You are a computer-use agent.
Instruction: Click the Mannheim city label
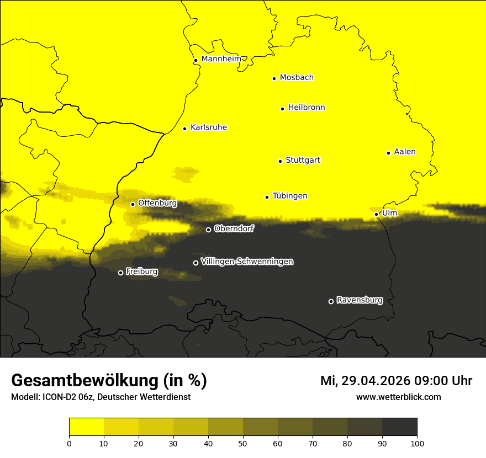click(x=221, y=59)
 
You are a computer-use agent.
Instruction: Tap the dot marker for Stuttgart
click(x=280, y=161)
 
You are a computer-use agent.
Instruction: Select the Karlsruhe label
click(x=208, y=127)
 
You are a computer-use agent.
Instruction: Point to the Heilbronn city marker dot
click(x=282, y=109)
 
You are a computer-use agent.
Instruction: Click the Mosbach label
click(x=296, y=78)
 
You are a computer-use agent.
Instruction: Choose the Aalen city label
click(x=404, y=152)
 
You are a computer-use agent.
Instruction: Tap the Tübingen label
click(x=289, y=196)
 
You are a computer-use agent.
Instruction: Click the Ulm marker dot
click(x=376, y=214)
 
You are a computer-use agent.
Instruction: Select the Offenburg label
click(x=157, y=203)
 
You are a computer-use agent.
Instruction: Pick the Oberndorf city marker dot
click(x=208, y=230)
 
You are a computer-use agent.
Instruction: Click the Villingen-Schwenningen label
click(x=247, y=262)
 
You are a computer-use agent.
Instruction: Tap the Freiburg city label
click(x=141, y=271)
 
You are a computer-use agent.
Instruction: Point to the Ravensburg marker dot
click(x=331, y=301)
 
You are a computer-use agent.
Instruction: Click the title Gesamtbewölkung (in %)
click(x=109, y=381)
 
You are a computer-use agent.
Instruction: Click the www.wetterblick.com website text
click(x=398, y=397)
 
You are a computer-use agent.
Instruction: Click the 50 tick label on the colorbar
click(x=243, y=443)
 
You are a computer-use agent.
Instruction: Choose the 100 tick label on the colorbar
click(x=417, y=443)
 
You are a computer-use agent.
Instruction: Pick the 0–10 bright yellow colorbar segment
click(x=86, y=427)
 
